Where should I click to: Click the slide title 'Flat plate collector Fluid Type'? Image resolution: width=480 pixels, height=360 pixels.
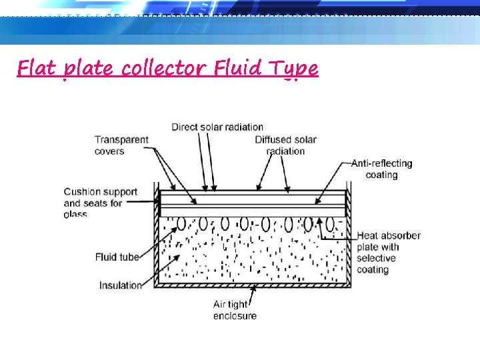(167, 69)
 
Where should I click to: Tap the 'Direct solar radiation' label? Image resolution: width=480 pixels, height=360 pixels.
(217, 127)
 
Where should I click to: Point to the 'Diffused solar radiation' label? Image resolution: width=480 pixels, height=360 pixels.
(285, 145)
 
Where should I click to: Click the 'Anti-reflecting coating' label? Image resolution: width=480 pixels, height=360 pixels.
(381, 169)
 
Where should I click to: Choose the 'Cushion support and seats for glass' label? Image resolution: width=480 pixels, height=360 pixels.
(100, 203)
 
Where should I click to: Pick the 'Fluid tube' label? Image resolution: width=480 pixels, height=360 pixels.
(117, 257)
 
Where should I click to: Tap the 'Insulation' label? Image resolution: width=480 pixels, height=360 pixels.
(121, 285)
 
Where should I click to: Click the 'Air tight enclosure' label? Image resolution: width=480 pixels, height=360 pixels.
(235, 310)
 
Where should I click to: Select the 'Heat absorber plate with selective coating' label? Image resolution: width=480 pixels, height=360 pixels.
(388, 253)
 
